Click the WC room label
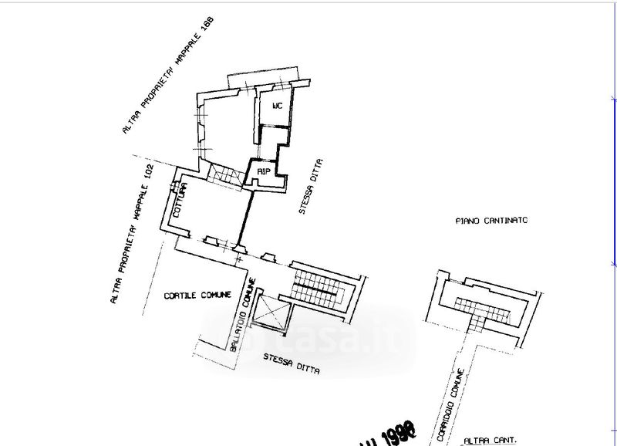click(278, 106)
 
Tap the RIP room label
click(262, 171)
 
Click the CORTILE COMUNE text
click(193, 296)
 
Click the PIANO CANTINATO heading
click(491, 220)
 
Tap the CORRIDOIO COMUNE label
click(450, 404)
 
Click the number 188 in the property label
click(204, 28)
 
